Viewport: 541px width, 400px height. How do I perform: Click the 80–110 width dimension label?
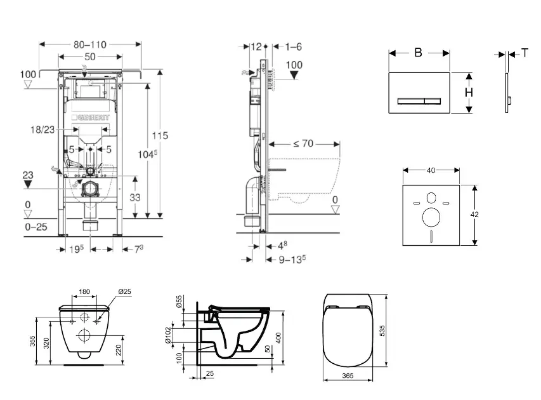89,44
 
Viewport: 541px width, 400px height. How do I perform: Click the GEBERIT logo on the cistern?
93,117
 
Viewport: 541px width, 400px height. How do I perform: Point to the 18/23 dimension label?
42,129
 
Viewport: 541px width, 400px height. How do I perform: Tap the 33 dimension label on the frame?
134,197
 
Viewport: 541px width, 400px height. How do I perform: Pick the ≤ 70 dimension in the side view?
303,143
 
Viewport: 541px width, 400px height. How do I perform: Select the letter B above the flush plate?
418,53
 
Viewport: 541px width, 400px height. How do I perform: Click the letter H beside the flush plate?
469,92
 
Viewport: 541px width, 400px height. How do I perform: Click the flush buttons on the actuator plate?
419,100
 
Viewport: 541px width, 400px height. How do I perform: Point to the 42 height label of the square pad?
475,215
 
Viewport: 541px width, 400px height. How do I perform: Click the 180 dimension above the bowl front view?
84,292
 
